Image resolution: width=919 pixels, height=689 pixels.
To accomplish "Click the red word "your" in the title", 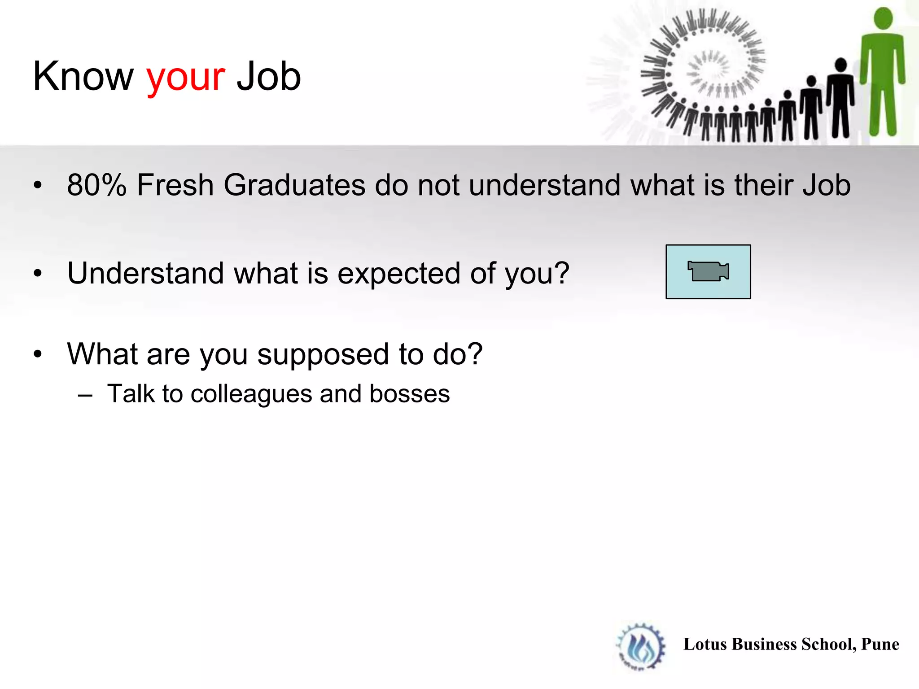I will pos(185,77).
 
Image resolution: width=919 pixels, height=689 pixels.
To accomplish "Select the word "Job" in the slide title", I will pos(268,77).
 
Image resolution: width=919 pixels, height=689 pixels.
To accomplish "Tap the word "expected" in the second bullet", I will pos(398,274).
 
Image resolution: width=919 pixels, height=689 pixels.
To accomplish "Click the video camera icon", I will pos(708,271).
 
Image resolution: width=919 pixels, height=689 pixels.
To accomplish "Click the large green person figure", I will pos(882,76).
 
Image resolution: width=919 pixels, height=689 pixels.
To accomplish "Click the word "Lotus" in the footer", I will pos(705,644).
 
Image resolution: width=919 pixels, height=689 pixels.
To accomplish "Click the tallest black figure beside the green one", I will pos(840,99).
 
